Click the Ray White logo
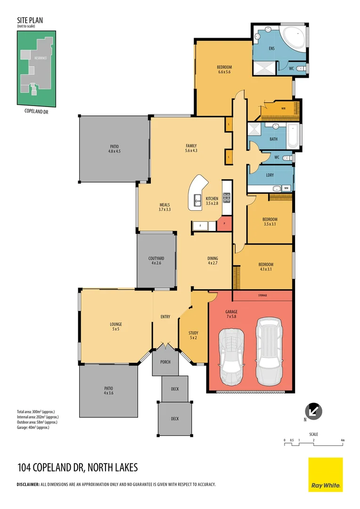[x=325, y=475]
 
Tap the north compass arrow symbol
[x=314, y=410]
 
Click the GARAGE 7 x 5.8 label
[x=231, y=314]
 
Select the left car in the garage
[x=231, y=353]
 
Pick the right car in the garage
[x=270, y=351]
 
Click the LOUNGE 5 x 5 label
[x=116, y=327]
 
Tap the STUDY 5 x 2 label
[x=193, y=335]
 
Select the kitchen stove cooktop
[x=226, y=198]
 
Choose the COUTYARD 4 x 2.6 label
[x=156, y=261]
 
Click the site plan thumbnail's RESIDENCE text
[x=40, y=57]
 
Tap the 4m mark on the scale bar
[x=343, y=440]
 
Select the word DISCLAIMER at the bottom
[x=28, y=484]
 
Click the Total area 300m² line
[x=36, y=412]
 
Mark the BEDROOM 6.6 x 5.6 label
[x=224, y=70]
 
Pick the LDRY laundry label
[x=270, y=175]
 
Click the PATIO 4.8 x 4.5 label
[x=115, y=149]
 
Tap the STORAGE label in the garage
[x=262, y=295]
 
